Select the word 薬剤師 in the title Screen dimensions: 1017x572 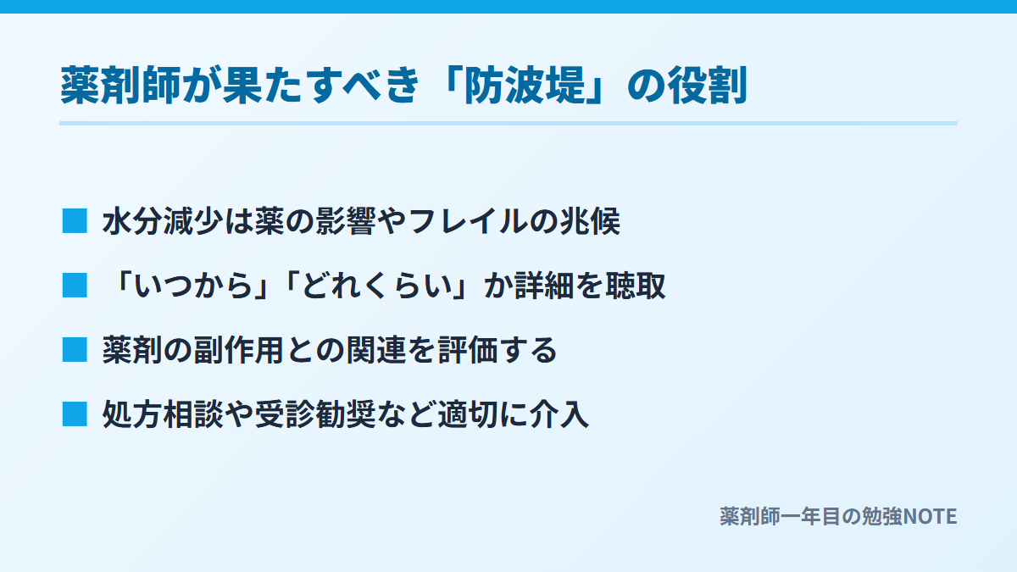120,86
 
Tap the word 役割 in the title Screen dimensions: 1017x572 707,86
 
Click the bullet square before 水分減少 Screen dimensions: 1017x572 75,221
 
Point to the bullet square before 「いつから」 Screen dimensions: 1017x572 75,286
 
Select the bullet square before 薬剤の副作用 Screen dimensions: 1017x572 75,350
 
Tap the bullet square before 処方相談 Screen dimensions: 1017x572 75,414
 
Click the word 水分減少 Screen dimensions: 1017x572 163,221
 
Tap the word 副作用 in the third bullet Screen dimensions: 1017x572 238,351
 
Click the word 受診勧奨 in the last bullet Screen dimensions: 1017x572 315,415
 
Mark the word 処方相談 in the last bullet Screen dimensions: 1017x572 163,415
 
